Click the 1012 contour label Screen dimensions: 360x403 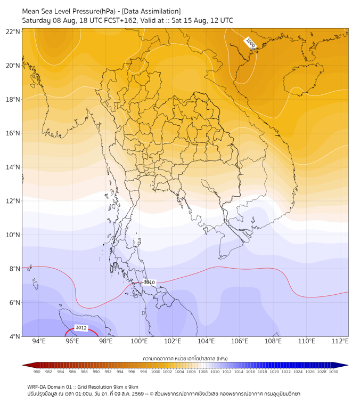81,328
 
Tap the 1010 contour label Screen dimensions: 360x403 149,282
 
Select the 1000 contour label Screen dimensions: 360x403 250,43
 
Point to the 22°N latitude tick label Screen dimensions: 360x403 13,31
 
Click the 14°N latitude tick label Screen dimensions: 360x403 13,167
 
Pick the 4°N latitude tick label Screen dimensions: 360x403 14,336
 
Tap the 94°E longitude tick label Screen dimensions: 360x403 39,341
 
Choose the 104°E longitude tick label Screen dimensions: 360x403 206,341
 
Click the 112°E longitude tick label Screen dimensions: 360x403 340,341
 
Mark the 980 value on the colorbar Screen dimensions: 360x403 37,372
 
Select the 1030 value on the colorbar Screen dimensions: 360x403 333,372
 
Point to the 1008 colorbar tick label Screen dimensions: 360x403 203,372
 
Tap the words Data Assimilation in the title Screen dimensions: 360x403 151,11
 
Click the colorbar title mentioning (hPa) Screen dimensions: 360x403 185,358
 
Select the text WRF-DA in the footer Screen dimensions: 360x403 36,387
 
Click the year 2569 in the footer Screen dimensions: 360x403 137,394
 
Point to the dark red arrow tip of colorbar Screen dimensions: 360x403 23,365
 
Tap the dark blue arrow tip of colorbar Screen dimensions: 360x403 347,365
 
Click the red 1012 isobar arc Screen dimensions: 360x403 81,329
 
